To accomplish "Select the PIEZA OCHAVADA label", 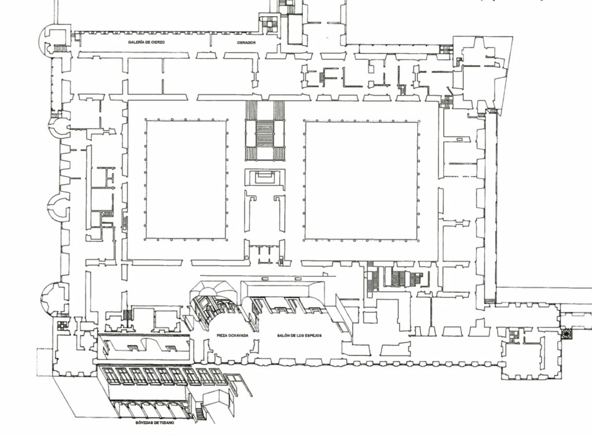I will click(x=232, y=336).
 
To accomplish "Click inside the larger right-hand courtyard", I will click(x=362, y=181).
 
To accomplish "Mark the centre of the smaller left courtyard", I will click(x=186, y=179).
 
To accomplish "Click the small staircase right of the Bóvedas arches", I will click(x=200, y=412).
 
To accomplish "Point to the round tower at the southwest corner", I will click(x=54, y=299).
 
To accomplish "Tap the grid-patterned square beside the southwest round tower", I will click(x=62, y=325).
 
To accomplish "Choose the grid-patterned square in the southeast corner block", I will click(x=513, y=335).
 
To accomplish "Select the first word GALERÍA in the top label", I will click(x=137, y=42).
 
